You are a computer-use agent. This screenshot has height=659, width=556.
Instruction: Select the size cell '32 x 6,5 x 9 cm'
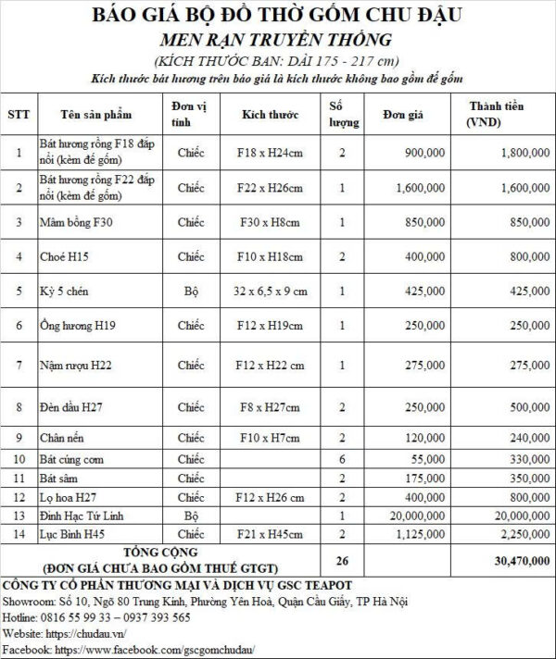pyautogui.click(x=271, y=291)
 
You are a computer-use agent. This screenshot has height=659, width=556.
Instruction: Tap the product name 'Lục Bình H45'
pyautogui.click(x=69, y=534)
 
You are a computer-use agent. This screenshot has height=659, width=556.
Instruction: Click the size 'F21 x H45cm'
pyautogui.click(x=271, y=534)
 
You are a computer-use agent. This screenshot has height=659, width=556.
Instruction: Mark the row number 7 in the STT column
pyautogui.click(x=19, y=367)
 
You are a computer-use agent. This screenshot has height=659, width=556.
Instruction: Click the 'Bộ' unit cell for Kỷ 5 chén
pyautogui.click(x=191, y=291)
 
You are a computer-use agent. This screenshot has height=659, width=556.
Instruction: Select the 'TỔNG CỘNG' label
pyautogui.click(x=160, y=553)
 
